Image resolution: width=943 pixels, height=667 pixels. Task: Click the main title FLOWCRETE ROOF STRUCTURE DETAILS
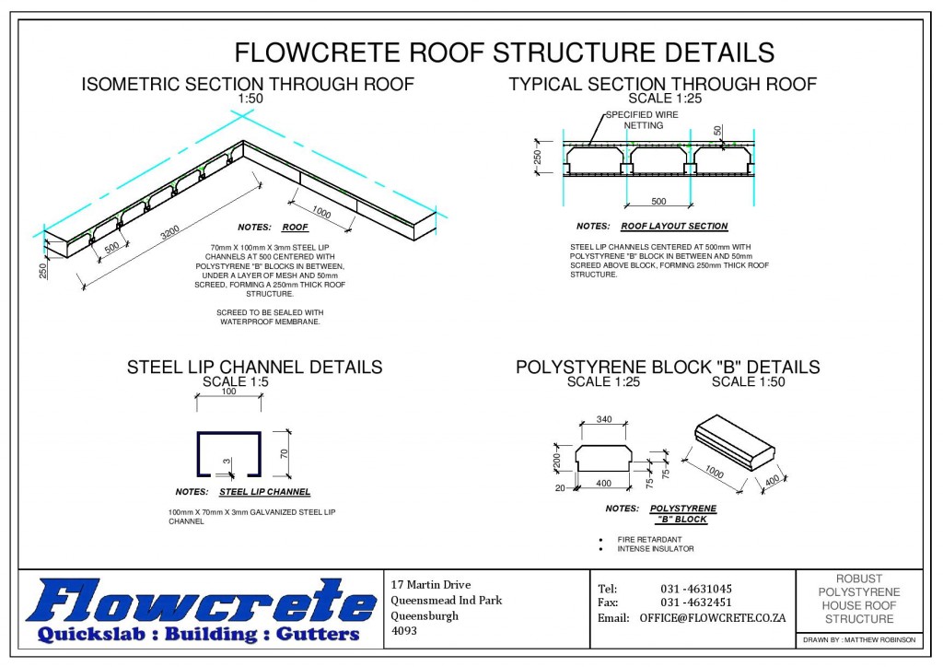[x=504, y=51]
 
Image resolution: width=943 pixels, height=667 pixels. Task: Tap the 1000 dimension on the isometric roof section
[x=321, y=208]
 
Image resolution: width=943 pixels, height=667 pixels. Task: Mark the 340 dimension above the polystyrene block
[x=603, y=420]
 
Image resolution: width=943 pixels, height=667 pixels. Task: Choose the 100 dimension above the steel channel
[x=228, y=392]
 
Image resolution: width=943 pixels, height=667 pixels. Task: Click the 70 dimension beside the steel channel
[x=285, y=454]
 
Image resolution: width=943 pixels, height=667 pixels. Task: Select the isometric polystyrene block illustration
[x=733, y=452]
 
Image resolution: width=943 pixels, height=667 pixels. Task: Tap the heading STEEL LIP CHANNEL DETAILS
[x=254, y=368]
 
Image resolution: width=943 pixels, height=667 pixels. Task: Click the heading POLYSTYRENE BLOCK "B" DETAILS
[x=667, y=368]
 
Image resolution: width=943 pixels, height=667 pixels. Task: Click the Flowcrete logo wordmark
[x=201, y=604]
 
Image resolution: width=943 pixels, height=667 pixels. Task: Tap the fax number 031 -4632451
[x=695, y=603]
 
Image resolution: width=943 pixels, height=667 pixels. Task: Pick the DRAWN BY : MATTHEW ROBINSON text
[x=858, y=638]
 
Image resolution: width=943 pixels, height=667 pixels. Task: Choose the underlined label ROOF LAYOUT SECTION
[x=674, y=227]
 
